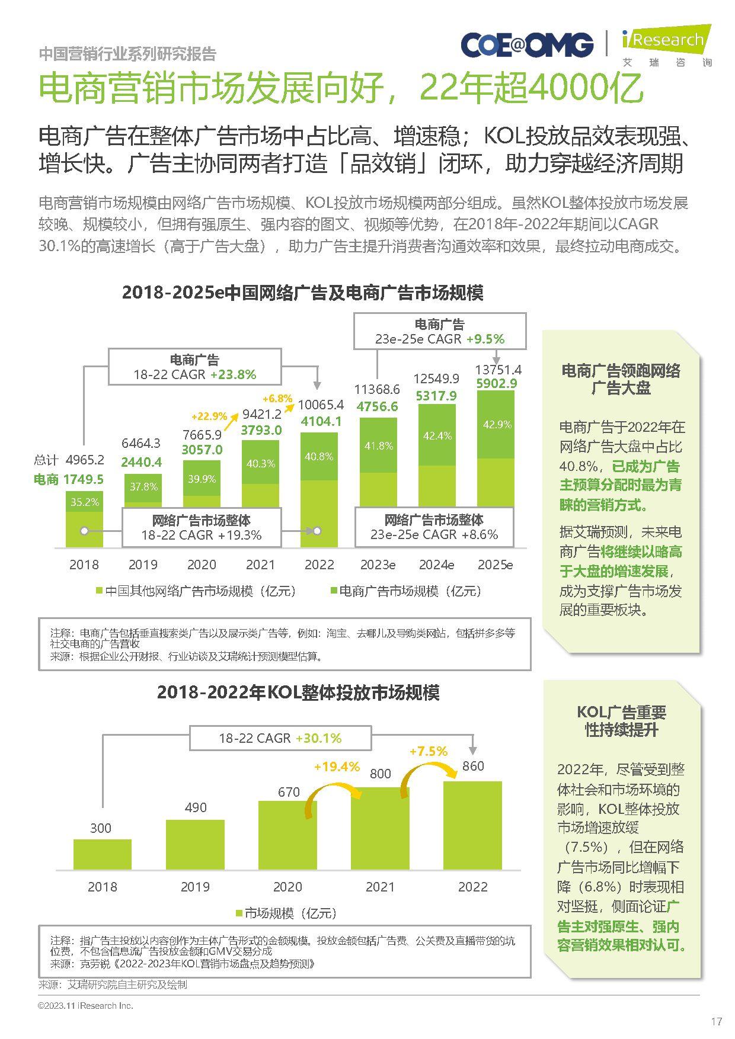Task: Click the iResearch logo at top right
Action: (x=666, y=45)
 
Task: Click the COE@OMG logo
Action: (x=526, y=45)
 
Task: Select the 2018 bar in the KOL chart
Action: (x=103, y=854)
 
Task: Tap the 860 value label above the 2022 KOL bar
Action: (x=473, y=766)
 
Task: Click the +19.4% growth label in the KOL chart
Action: (x=337, y=767)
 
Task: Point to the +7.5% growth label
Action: (x=428, y=751)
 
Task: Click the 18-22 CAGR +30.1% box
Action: (x=280, y=738)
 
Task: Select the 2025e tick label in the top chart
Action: (x=495, y=565)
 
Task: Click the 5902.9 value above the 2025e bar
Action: (x=497, y=383)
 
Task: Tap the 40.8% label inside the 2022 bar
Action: (x=319, y=457)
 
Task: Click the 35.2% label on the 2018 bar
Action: (x=85, y=502)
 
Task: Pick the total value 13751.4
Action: (x=498, y=369)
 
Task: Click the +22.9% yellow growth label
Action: (x=209, y=416)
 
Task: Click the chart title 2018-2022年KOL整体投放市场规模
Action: (x=298, y=692)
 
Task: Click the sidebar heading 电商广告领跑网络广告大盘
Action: (x=621, y=379)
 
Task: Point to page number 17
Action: (x=716, y=1021)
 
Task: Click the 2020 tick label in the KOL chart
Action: (x=287, y=887)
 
